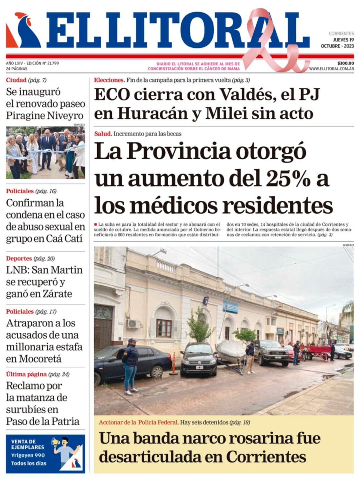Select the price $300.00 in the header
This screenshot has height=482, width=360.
click(x=345, y=63)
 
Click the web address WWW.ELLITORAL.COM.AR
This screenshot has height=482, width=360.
click(x=331, y=69)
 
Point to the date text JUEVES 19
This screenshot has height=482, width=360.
click(x=343, y=40)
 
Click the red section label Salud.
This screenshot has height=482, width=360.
click(x=103, y=134)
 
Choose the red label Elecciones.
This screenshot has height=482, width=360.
click(x=109, y=80)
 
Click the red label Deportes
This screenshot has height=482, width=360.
click(x=19, y=258)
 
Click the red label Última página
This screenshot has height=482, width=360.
click(x=26, y=374)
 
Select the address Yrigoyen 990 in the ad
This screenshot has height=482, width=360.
click(x=28, y=455)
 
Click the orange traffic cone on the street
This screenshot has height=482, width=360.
click(x=174, y=364)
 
